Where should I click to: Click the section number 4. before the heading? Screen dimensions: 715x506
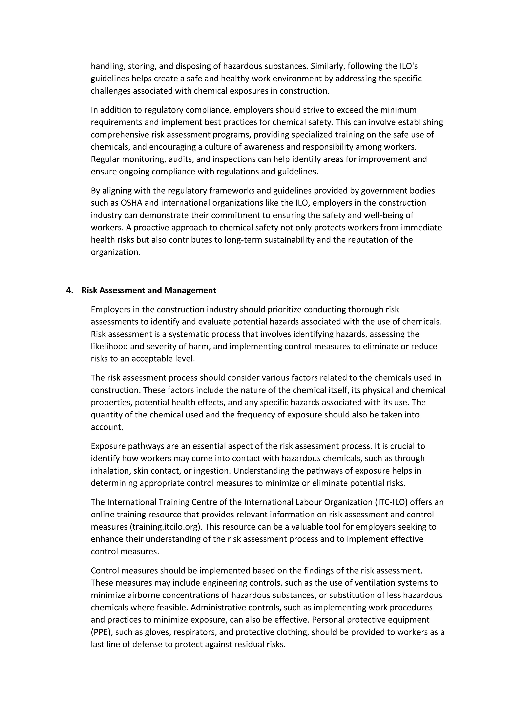[x=69, y=290]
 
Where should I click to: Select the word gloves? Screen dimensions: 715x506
[x=157, y=632]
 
